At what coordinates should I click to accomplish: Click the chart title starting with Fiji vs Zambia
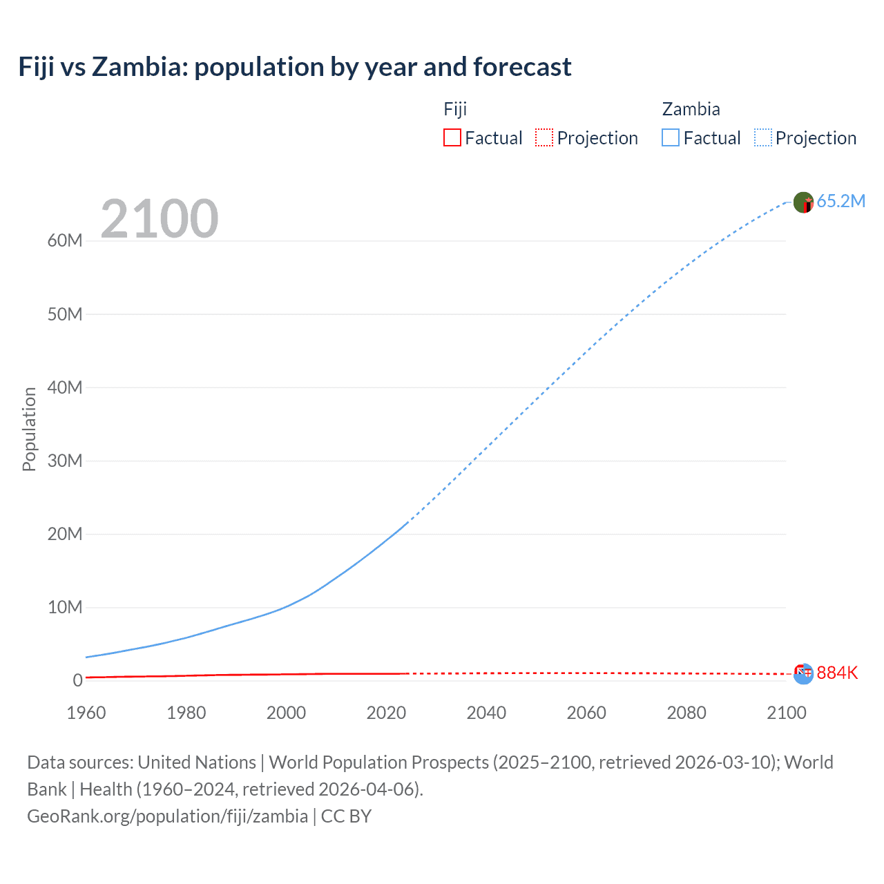295,67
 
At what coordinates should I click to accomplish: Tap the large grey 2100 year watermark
160,219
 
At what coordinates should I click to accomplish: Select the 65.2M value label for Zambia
840,201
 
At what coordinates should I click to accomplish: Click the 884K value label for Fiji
836,673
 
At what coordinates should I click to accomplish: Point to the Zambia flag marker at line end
803,202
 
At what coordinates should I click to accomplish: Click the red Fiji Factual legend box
452,137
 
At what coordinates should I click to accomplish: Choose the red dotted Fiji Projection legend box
544,137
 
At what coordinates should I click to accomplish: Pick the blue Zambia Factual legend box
670,137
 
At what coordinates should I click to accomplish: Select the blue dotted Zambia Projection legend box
763,137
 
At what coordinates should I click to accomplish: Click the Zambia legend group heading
691,109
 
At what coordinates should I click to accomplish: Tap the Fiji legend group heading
455,109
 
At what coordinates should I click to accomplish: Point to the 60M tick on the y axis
65,240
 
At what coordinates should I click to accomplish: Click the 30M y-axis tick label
65,461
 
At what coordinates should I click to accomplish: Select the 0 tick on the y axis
77,680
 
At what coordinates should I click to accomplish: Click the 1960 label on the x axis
86,713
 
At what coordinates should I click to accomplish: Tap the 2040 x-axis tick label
486,713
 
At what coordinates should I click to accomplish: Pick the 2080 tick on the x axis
686,713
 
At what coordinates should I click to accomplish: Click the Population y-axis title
29,429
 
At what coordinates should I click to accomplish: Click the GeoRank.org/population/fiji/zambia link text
167,816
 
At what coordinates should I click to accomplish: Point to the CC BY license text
346,816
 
